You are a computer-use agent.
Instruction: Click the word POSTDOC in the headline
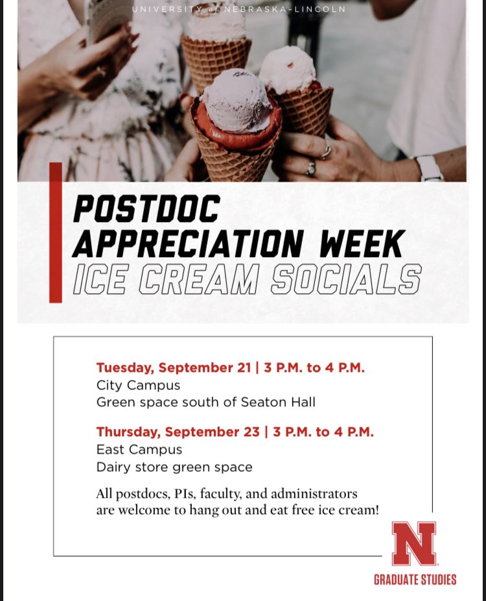(x=146, y=209)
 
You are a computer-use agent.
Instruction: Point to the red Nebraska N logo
(x=414, y=543)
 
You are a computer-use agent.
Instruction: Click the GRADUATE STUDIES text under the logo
(x=415, y=580)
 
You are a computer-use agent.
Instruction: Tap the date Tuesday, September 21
(x=174, y=368)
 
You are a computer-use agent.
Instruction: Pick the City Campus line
(x=138, y=385)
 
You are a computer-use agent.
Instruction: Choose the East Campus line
(x=139, y=449)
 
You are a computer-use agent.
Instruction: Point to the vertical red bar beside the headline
(x=56, y=232)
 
